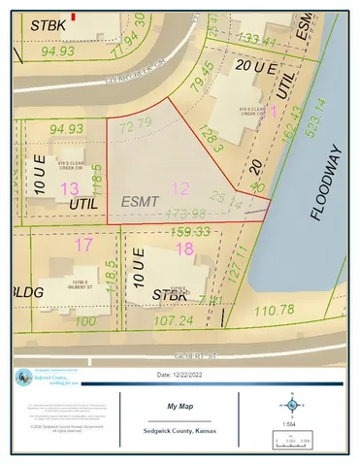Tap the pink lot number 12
pos(180,187)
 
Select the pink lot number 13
pos(69,187)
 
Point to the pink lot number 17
pos(84,245)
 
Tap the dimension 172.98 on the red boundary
pos(187,214)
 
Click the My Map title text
pos(178,409)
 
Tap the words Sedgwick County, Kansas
pos(178,431)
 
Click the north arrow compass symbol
pos(291,404)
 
